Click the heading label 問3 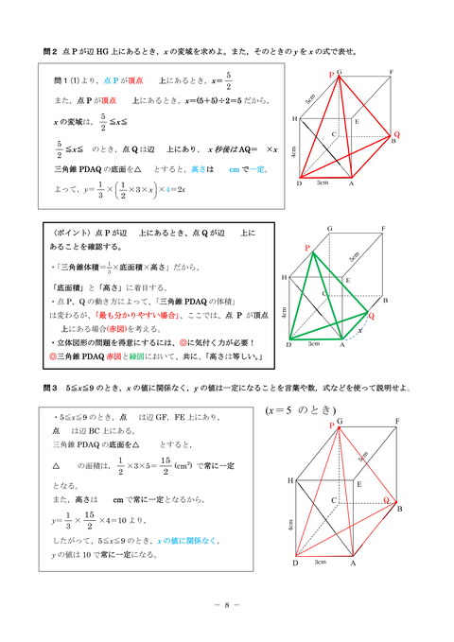[51, 388]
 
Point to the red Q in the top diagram [396, 134]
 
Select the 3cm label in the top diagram [323, 182]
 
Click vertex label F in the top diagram [391, 73]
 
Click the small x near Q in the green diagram [361, 330]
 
